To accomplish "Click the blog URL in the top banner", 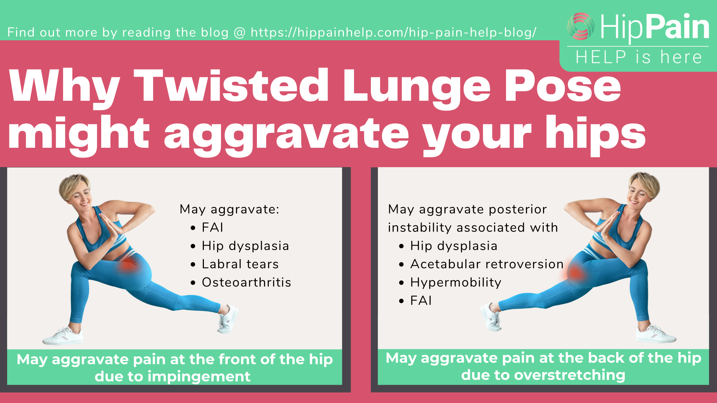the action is (394, 32).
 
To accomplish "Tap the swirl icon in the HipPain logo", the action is (581, 26).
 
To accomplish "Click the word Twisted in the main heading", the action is (231, 85).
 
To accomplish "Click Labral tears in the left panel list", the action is (240, 264).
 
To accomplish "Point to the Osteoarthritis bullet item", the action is (246, 282).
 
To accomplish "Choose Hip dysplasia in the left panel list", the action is (245, 246).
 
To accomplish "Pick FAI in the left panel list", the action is (212, 228).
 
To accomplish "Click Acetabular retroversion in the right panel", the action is (487, 264).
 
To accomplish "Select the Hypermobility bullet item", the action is (456, 282).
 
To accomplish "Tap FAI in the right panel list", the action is (421, 301).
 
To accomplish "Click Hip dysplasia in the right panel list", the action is (454, 246).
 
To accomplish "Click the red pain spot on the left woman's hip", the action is (128, 265).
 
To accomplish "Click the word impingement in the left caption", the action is (199, 377).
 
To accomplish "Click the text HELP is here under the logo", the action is (639, 57).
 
